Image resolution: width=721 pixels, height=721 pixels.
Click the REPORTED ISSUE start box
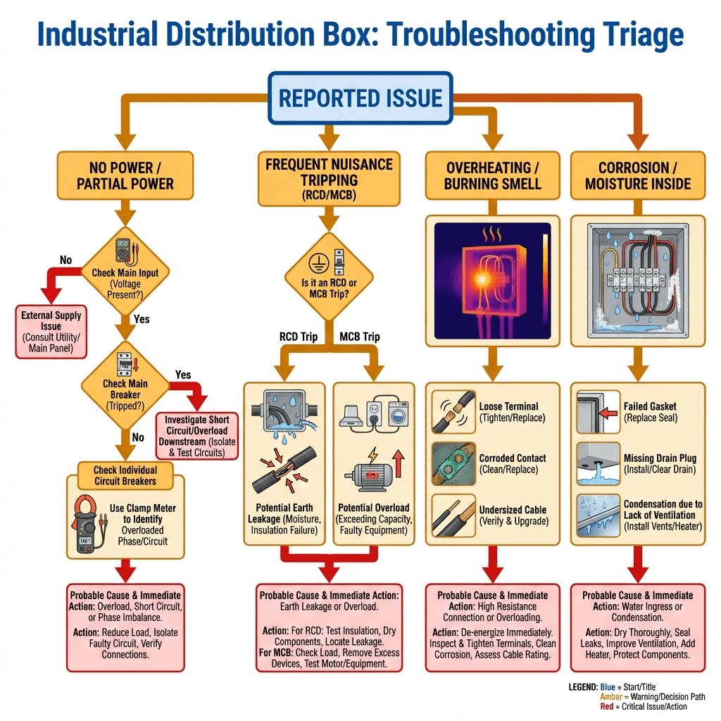[x=361, y=99]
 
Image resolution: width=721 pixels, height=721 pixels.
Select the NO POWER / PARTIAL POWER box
[x=125, y=176]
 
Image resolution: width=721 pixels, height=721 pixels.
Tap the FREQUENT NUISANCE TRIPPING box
[x=329, y=177]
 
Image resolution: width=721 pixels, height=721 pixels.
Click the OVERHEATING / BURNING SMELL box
[x=493, y=176]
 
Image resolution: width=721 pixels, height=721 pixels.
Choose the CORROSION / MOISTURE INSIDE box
[x=637, y=176]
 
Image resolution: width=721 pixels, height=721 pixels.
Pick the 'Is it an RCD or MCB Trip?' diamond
[x=329, y=277]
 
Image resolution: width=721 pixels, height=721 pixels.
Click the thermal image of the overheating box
[x=492, y=281]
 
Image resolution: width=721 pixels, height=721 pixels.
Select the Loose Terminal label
[x=508, y=412]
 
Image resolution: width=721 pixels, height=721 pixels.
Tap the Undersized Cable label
[x=512, y=515]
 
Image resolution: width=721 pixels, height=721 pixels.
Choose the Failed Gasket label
[x=650, y=412]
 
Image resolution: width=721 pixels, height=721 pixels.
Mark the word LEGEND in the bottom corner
[x=582, y=686]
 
